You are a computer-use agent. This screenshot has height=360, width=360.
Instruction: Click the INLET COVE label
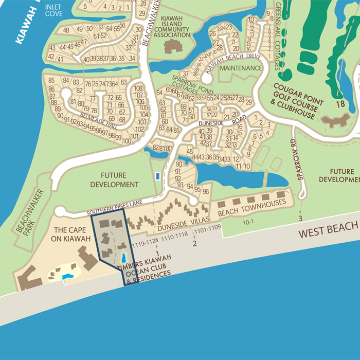[x=53, y=10]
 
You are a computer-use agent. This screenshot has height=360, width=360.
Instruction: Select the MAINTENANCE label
[x=241, y=68]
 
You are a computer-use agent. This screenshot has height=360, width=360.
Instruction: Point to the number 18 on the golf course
[x=340, y=104]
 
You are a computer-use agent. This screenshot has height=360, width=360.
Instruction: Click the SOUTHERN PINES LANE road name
[x=114, y=211]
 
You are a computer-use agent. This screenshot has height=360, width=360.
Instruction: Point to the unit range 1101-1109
[x=207, y=227]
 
